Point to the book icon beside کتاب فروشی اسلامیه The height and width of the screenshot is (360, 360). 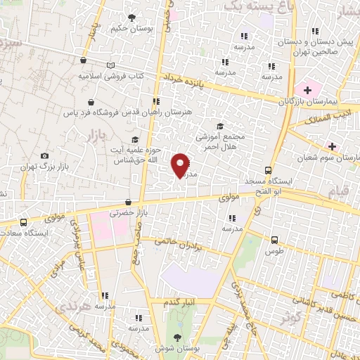click(x=110, y=65)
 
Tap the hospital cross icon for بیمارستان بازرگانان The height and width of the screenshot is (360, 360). click(x=307, y=90)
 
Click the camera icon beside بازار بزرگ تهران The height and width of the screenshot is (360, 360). click(x=45, y=155)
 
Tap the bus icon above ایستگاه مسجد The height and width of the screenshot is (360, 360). click(x=268, y=170)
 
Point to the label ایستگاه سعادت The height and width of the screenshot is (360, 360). click(x=40, y=232)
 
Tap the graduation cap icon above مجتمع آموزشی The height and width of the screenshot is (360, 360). click(x=220, y=127)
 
